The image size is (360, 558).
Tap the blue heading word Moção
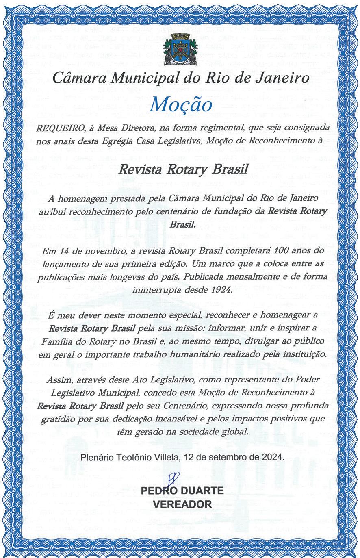(180, 104)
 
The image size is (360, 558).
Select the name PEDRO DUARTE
(182, 491)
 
